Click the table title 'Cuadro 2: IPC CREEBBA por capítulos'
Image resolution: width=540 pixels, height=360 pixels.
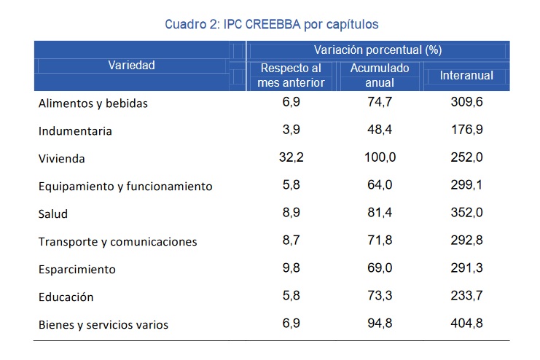coord(271,25)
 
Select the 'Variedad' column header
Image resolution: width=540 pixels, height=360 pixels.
coord(132,65)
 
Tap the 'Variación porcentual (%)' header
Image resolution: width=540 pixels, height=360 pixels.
coord(377,50)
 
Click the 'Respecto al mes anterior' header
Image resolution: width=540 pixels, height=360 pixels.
coord(291,76)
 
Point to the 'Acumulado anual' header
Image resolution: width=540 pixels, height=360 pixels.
coord(380,76)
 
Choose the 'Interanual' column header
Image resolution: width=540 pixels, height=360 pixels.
coord(466,76)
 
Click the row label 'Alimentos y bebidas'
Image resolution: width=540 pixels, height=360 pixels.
coord(93,103)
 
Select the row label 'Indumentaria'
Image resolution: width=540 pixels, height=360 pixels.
coord(75,131)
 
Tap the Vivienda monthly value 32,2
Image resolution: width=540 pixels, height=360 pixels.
coord(291,157)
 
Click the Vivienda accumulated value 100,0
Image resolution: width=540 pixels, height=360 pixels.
coord(380,157)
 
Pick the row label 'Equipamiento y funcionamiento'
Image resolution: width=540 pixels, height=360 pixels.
coord(125,187)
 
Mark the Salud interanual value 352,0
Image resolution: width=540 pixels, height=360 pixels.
coord(466,212)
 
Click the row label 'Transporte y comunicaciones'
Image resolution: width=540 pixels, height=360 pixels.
coord(118,242)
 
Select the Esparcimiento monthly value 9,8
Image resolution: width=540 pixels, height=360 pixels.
coord(291,267)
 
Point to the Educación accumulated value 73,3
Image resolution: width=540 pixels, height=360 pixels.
coord(380,295)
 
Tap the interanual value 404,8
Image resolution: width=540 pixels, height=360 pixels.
coord(466,323)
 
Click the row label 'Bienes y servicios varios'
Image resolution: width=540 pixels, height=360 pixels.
coord(103,325)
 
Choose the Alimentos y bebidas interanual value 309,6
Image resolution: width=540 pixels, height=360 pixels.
coord(466,101)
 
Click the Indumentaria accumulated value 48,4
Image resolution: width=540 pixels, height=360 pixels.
coord(380,130)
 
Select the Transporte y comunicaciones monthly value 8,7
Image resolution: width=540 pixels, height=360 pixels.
coord(291,240)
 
